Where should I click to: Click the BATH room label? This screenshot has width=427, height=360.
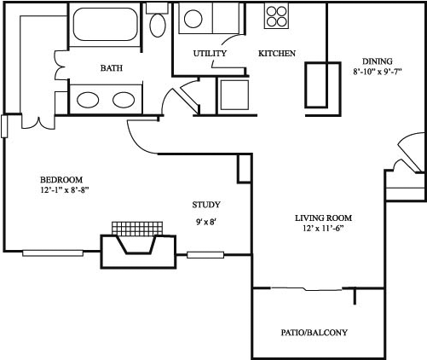(x=111, y=67)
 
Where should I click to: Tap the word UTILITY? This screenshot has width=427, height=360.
(x=210, y=54)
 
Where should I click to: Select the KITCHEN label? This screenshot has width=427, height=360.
(x=277, y=54)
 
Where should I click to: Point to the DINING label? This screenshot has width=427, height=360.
(x=377, y=61)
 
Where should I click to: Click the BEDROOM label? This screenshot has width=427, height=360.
(x=61, y=179)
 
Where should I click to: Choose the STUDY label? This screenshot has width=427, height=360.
(x=206, y=205)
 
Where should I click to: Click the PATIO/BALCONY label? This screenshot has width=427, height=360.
(x=314, y=333)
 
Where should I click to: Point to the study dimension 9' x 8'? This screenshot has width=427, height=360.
(x=206, y=223)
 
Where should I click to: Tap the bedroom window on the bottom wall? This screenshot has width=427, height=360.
(x=53, y=253)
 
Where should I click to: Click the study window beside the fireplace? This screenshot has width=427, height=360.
(x=205, y=254)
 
